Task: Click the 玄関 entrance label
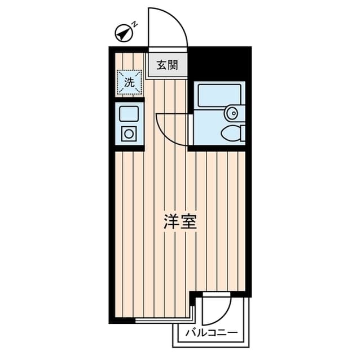pos(168,65)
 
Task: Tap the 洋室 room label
pos(180,221)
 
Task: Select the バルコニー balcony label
pos(211,333)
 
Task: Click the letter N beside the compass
pos(135,24)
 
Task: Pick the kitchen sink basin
pos(129,113)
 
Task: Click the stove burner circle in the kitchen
pos(129,134)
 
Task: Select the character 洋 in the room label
pos(172,221)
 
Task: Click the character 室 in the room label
pos(189,221)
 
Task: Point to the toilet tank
pos(243,134)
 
